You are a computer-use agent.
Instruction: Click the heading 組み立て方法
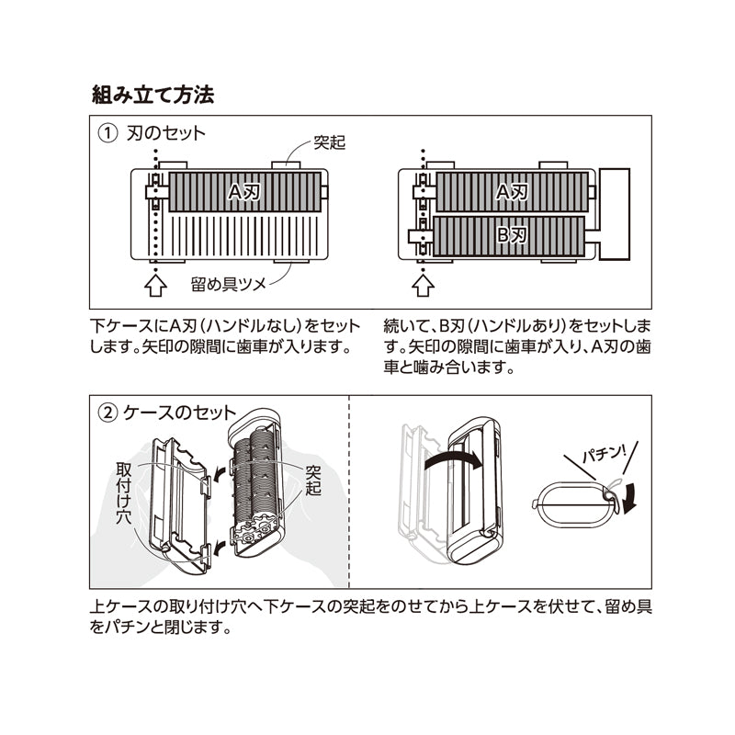153,95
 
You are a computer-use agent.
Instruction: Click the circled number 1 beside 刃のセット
108,134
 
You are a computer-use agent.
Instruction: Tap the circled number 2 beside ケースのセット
108,413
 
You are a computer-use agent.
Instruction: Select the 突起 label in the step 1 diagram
329,142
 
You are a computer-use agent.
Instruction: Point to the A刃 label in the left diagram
244,191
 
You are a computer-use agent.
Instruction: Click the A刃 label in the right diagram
512,191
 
